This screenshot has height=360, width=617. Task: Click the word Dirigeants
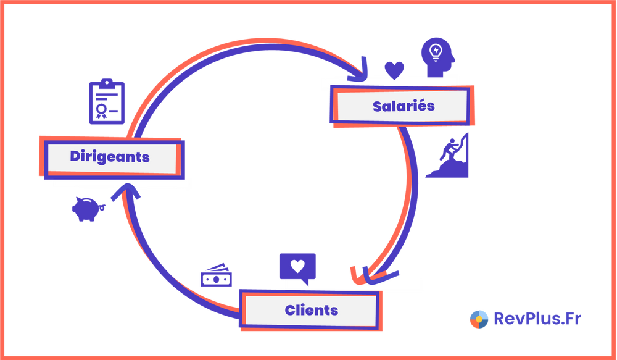(x=110, y=157)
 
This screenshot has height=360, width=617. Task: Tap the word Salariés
(x=404, y=106)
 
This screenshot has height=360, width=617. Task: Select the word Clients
(x=311, y=309)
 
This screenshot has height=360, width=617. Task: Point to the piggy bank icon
(x=87, y=209)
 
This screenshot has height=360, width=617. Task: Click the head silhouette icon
(x=439, y=57)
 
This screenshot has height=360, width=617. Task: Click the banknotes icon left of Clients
(x=216, y=275)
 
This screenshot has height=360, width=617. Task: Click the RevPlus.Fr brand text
(x=537, y=319)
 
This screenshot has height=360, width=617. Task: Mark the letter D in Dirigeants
(x=75, y=157)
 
